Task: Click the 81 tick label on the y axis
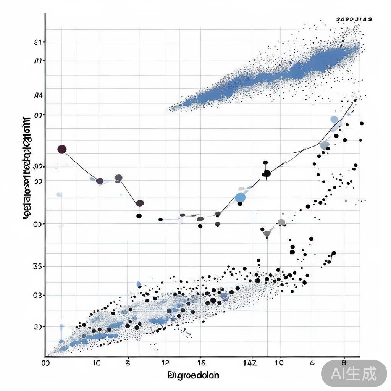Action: pyautogui.click(x=37, y=42)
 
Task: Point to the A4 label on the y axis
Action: pyautogui.click(x=38, y=95)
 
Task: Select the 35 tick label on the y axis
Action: pyautogui.click(x=37, y=266)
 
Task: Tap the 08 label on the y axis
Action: pyautogui.click(x=37, y=295)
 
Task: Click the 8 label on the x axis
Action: pyautogui.click(x=344, y=362)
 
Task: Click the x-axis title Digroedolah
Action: pyautogui.click(x=193, y=375)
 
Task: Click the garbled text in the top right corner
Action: pyautogui.click(x=354, y=19)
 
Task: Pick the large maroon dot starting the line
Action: pyautogui.click(x=62, y=149)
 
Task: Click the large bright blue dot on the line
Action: pyautogui.click(x=240, y=197)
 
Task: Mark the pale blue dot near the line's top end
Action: pyautogui.click(x=334, y=120)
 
